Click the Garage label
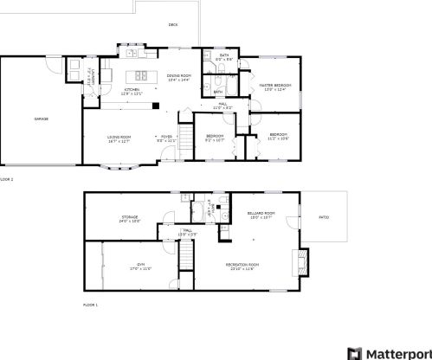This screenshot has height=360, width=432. (x=41, y=118)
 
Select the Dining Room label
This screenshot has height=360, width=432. (x=179, y=77)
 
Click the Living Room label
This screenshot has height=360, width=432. (x=119, y=138)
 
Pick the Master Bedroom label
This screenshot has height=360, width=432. (x=275, y=87)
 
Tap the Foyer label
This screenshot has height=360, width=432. (x=165, y=138)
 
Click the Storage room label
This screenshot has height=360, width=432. (x=130, y=218)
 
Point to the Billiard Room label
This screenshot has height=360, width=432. (x=262, y=215)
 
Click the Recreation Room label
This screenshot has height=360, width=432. (x=244, y=265)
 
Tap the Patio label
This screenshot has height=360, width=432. (x=324, y=216)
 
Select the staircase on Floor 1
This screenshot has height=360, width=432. (x=184, y=259)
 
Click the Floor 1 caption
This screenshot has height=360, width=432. (x=90, y=305)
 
